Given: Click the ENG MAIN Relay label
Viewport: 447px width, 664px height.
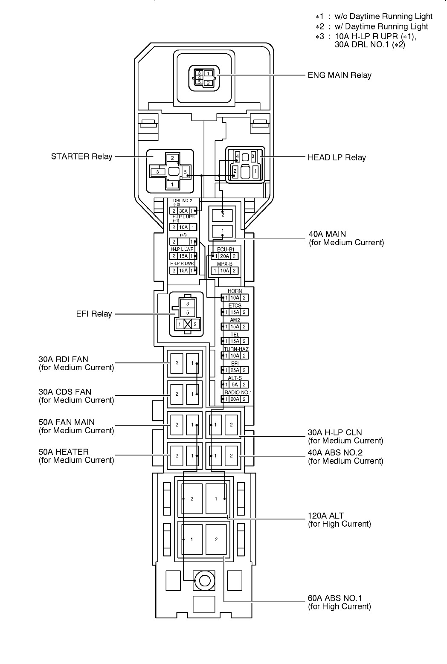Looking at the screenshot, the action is point(340,75).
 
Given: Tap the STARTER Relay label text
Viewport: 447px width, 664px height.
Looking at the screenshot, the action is point(82,157).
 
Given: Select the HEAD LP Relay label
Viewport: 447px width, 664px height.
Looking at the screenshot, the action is point(337,157).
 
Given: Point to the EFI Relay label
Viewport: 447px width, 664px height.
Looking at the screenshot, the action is point(94,313).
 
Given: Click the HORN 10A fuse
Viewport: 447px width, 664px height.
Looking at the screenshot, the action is point(235,298).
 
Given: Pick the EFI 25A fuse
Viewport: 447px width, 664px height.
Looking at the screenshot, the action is point(235,370).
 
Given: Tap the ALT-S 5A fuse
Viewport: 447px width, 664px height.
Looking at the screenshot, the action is point(235,385).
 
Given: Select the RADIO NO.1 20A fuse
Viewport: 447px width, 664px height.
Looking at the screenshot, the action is point(235,399).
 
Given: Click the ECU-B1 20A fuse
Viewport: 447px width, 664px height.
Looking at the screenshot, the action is point(224,256).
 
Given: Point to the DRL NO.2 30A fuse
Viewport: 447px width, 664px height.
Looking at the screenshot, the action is point(183,211).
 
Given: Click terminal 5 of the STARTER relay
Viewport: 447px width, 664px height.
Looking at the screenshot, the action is point(186,172).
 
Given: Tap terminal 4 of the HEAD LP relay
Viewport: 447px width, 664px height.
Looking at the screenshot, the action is point(238,156).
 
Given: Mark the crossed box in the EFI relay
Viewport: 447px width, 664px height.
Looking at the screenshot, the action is point(188,324).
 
